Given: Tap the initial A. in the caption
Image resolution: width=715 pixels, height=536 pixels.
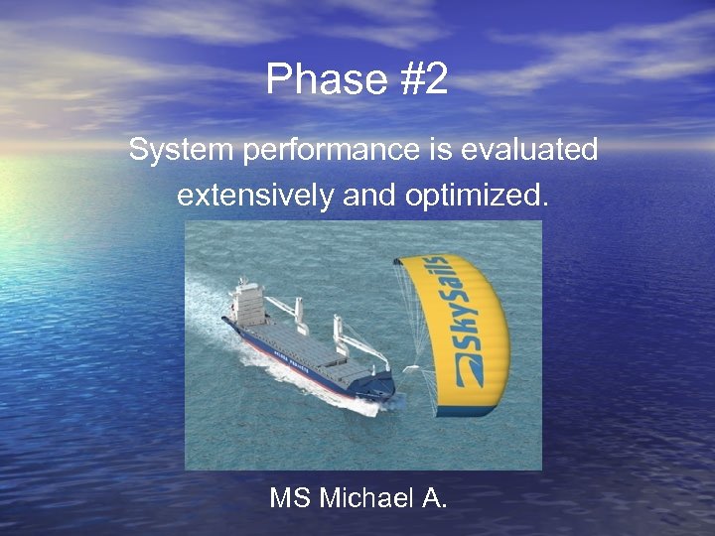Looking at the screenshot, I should [434, 497].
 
